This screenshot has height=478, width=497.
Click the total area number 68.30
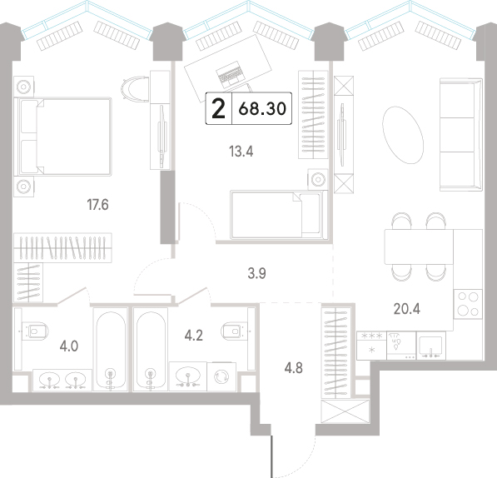(x=262, y=109)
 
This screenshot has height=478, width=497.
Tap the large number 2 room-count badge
(x=218, y=109)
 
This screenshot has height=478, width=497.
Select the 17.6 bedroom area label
(x=97, y=205)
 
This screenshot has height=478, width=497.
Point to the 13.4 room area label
(x=241, y=152)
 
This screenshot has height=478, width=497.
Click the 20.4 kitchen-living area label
(x=406, y=308)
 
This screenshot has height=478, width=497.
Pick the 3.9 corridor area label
(x=256, y=273)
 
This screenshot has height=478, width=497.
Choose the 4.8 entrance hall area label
(x=294, y=368)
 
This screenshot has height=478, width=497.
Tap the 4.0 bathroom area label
(x=69, y=346)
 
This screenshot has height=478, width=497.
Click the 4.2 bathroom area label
(x=194, y=336)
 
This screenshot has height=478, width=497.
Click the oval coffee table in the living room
(x=403, y=135)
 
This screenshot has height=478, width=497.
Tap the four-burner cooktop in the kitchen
(x=468, y=304)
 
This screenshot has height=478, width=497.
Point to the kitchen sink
(x=430, y=346)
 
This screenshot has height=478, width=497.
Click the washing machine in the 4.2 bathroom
(x=221, y=376)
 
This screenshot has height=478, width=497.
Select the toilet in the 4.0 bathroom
(x=35, y=331)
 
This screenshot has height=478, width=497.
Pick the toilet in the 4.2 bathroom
(x=235, y=331)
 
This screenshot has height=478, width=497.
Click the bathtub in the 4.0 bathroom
(x=111, y=349)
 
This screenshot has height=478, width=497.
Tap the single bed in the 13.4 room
(x=279, y=215)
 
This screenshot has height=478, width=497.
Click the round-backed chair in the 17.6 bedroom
(x=135, y=88)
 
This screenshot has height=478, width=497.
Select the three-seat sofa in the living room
(x=461, y=135)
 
